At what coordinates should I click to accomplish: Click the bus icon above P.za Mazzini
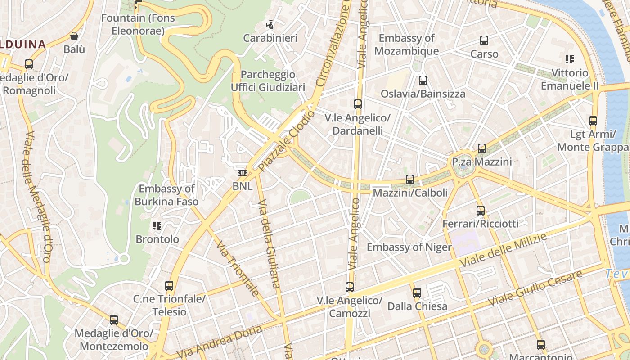[x=482, y=148]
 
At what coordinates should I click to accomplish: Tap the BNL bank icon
[x=243, y=173]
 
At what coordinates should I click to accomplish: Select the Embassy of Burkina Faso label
[x=166, y=195]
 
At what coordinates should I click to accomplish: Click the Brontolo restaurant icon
[x=157, y=225]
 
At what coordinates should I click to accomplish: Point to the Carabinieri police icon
[x=270, y=25]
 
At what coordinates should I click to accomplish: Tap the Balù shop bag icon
[x=74, y=36]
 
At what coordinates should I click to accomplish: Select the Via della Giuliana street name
[x=270, y=243]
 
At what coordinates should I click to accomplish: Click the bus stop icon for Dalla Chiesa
[x=417, y=293]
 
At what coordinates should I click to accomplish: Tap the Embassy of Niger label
[x=409, y=247]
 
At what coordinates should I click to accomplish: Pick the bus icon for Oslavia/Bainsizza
[x=423, y=81]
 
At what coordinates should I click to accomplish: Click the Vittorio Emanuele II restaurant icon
[x=570, y=59]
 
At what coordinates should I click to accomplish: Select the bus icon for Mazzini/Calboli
[x=410, y=180]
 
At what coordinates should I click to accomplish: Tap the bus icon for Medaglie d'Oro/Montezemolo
[x=114, y=320]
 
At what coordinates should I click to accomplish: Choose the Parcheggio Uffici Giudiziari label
[x=268, y=81]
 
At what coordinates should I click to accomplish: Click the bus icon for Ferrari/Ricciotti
[x=481, y=210]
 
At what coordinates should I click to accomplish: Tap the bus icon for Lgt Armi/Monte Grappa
[x=593, y=121]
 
